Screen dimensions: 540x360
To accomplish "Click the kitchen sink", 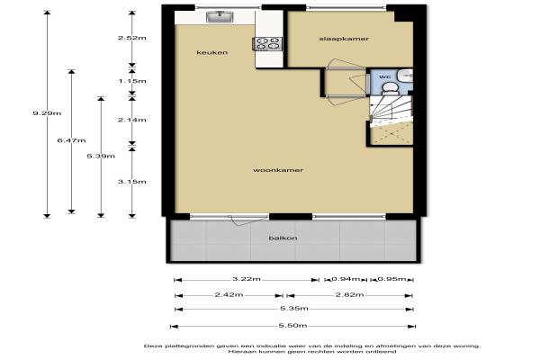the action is tap(220, 16).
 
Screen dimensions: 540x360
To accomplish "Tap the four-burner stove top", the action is tap(268, 44).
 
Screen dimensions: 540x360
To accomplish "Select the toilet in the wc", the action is tap(390, 88).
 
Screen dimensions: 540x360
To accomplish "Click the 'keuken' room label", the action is tap(211, 52).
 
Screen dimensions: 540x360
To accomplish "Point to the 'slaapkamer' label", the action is tap(344, 39).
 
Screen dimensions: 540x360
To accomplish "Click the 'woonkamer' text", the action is tap(278, 170).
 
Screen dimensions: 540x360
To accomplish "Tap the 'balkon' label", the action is tap(283, 238).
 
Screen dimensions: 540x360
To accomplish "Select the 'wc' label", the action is tap(384, 76).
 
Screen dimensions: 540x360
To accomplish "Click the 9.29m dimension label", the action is tap(47, 113).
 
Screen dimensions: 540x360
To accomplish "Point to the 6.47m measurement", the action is tap(71, 140).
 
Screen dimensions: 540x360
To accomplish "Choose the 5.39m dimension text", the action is tap(101, 156).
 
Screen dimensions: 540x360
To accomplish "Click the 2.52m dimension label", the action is tap(132, 38).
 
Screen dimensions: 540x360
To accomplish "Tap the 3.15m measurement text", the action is tap(132, 182).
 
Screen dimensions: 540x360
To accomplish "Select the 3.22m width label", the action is tap(247, 279).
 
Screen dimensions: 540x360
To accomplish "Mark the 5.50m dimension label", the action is tap(292, 326).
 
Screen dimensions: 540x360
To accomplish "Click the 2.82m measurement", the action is tap(349, 295).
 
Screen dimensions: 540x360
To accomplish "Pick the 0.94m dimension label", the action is tap(346, 279).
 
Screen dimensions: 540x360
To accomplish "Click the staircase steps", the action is tap(391, 109).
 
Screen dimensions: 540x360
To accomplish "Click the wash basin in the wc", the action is tap(407, 75).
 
